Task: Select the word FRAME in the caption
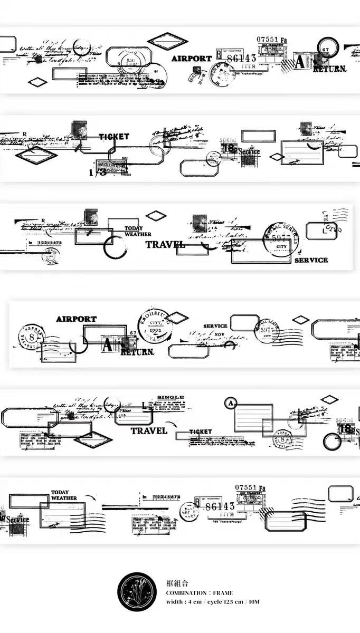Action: coord(223,593)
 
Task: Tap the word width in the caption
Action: coord(174,602)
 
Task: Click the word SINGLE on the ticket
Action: coord(170,397)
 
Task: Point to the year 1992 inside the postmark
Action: coord(155,331)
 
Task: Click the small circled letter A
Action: coord(230,404)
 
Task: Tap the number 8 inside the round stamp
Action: coord(31,336)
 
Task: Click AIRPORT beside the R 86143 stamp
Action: coord(191,59)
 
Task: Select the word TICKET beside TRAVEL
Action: coord(200,431)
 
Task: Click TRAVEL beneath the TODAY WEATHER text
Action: coord(165,244)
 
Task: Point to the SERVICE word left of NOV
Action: coord(215,326)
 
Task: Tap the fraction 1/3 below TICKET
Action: coord(97,172)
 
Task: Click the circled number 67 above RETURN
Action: coord(325,50)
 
